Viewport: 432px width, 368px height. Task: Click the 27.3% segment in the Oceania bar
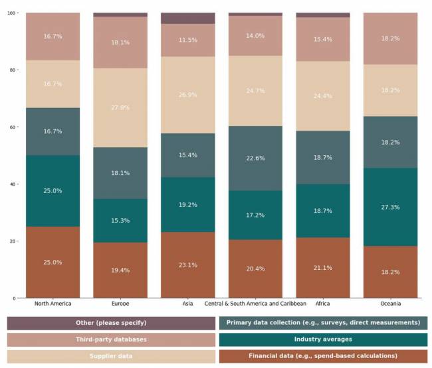click(390, 207)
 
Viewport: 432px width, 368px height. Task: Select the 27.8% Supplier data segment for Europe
click(120, 107)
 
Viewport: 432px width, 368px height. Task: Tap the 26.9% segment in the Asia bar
click(188, 95)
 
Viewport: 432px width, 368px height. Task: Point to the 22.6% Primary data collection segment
click(255, 158)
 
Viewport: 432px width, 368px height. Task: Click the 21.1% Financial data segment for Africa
click(323, 267)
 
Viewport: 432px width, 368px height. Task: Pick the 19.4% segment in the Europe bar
click(120, 270)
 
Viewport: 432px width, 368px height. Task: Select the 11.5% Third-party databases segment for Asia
click(188, 40)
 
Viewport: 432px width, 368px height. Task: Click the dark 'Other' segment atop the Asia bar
click(188, 18)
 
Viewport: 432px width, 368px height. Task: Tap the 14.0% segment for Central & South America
click(255, 36)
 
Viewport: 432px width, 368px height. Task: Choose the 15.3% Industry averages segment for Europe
click(120, 220)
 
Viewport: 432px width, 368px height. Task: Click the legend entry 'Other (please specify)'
click(111, 323)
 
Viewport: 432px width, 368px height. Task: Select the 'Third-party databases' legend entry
click(111, 339)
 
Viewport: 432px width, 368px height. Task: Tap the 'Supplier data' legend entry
click(111, 356)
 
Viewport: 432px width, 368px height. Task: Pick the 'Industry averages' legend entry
click(323, 339)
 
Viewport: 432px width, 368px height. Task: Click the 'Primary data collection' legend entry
click(323, 323)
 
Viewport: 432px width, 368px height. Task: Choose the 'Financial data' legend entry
click(323, 356)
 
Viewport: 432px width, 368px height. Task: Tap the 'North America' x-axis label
click(53, 304)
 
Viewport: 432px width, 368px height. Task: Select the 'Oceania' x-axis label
click(390, 304)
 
